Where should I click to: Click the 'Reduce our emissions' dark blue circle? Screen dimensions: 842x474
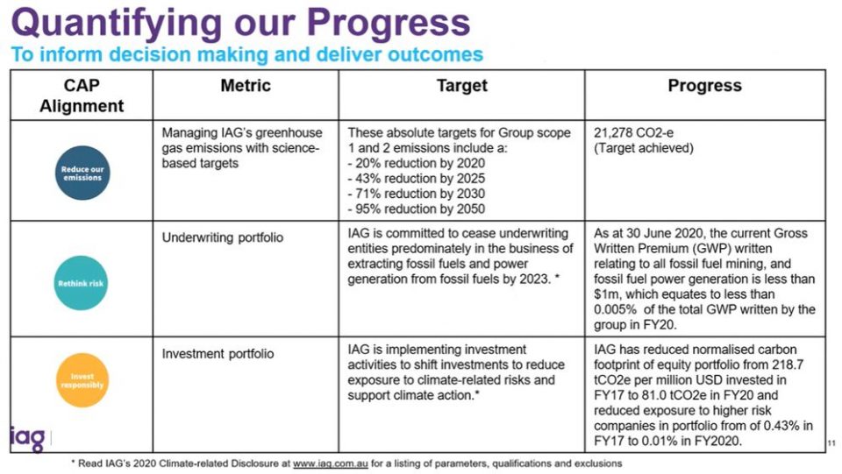coord(82,173)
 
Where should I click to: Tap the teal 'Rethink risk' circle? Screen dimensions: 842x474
coord(81,283)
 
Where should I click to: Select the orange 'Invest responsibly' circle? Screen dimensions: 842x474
coord(82,380)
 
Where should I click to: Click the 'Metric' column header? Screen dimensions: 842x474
coord(246,86)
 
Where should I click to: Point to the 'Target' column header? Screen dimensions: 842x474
coord(462,86)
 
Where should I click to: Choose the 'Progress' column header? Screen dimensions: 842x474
coord(704,86)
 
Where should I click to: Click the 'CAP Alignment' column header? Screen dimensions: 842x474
coord(82,96)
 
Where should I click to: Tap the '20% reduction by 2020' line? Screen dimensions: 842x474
coord(416,163)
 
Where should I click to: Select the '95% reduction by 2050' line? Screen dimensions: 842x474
coord(416,209)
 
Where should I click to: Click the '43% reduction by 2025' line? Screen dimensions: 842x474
coord(416,178)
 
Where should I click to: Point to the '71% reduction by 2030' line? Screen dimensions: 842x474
coord(416,194)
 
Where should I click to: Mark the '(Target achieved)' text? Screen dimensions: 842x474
coord(643,148)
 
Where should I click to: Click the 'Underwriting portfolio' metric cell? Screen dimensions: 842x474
coord(222,237)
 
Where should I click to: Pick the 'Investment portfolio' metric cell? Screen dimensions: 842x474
coord(218,354)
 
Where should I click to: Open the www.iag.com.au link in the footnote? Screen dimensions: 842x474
coord(331,463)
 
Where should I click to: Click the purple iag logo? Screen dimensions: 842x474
coord(27,439)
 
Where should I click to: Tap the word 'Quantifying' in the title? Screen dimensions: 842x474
coord(117,24)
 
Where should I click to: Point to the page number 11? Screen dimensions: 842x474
coord(831,443)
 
